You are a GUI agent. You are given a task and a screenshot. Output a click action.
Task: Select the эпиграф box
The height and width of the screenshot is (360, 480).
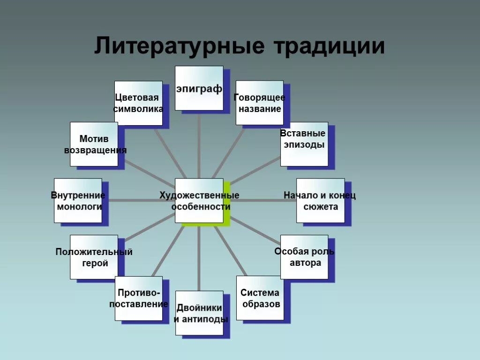click(x=199, y=88)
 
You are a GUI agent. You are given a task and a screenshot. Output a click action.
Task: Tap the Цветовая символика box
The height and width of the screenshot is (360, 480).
click(x=139, y=103)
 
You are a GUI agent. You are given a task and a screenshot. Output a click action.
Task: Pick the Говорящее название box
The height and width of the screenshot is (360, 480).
click(x=259, y=103)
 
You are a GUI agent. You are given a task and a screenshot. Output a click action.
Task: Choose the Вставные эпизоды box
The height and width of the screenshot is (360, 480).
click(x=304, y=144)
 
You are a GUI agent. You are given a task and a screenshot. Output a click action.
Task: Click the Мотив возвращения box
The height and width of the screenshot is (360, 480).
click(x=94, y=144)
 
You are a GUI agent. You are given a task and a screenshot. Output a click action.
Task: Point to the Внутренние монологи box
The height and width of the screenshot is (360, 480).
click(x=78, y=201)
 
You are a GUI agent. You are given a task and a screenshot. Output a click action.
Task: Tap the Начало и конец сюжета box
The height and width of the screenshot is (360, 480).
click(x=320, y=201)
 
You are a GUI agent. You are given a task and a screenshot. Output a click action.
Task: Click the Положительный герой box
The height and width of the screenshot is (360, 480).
click(x=94, y=257)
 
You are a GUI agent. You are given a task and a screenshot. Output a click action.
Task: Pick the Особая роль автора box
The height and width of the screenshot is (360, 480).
click(x=304, y=257)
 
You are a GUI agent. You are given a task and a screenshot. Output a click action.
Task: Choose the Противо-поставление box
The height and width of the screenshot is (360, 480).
click(x=139, y=298)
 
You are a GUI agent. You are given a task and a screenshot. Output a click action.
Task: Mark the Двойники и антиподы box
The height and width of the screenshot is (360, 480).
click(x=199, y=313)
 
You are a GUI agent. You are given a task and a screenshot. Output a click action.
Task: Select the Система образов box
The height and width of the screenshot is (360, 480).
click(x=260, y=298)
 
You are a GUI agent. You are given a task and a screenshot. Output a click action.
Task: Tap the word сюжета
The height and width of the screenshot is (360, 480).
click(x=321, y=207)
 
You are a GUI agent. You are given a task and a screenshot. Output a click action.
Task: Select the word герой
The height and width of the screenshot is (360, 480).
click(x=95, y=263)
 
